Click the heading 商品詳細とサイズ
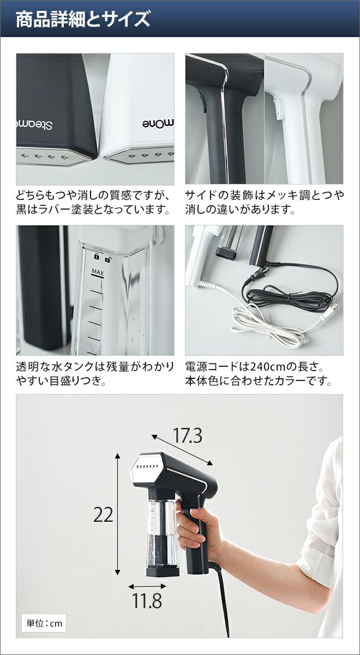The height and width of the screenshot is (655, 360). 83,19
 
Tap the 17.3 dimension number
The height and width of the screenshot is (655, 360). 188,436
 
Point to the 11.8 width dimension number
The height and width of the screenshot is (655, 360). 147,599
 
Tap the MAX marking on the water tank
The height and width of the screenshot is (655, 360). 98,273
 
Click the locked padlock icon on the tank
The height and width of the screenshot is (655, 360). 97,257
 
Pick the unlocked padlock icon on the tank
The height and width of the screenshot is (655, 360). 108,259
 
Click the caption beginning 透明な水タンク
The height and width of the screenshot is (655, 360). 95,374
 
